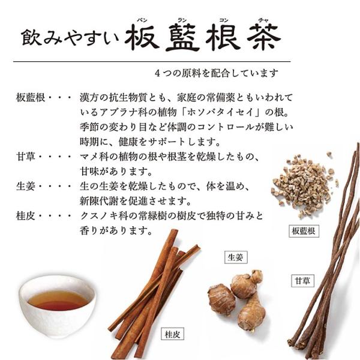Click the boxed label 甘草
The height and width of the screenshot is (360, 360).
pos(302,280)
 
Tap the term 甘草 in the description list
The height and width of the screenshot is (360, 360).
pos(24,157)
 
